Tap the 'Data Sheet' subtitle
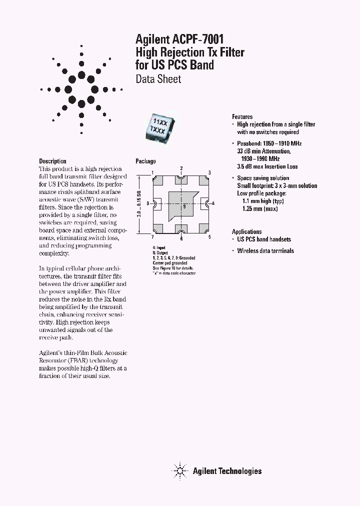point(158,79)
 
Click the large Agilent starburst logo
point(81,89)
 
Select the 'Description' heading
point(52,161)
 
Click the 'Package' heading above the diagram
point(145,161)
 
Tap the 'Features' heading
point(242,116)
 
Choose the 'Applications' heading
point(246,231)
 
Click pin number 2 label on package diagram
point(181,168)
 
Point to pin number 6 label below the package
point(181,239)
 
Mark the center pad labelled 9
point(184,205)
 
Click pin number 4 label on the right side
point(213,203)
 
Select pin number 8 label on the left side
point(148,203)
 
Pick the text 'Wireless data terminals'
point(265,251)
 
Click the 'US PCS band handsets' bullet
point(264,239)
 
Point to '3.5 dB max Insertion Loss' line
point(267,166)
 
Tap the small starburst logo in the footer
point(179,470)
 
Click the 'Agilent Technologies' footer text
point(227,471)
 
